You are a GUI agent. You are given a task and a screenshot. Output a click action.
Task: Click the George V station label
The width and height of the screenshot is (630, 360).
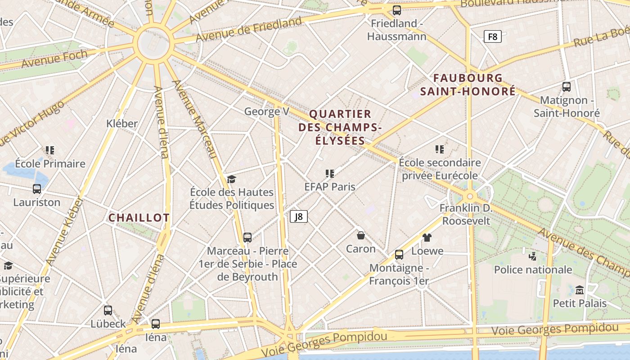266,112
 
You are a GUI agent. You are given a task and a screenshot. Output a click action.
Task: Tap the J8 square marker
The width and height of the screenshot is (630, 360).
299,216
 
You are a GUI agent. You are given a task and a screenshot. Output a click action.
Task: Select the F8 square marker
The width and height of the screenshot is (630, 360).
492,36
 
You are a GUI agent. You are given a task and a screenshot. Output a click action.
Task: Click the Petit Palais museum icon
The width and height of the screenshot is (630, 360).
579,290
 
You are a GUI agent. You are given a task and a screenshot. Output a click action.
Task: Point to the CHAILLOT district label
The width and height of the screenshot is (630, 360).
139,218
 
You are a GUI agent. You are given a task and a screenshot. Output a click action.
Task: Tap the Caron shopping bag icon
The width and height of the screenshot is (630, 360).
360,235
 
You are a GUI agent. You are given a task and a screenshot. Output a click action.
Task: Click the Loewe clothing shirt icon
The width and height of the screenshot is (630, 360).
427,238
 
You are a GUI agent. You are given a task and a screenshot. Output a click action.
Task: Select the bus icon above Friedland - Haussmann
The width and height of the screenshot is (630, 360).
396,10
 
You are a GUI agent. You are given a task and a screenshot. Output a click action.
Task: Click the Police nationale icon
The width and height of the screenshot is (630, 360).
533,256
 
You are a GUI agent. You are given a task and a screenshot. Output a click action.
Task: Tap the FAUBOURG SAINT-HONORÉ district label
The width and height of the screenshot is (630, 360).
468,85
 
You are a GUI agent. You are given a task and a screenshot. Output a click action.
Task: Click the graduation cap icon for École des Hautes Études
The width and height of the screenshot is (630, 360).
231,179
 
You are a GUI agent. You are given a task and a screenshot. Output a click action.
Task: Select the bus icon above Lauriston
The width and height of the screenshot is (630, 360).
37,189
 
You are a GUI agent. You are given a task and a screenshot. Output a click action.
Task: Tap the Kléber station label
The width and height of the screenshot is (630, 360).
122,123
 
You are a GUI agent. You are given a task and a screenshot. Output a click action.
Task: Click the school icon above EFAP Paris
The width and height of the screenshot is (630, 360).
329,174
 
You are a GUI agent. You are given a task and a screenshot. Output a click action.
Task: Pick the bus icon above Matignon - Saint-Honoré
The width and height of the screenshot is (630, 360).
566,87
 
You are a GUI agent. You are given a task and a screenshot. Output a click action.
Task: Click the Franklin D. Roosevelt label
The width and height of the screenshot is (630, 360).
466,215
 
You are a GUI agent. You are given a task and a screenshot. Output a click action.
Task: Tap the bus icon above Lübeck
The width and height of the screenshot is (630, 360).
108,310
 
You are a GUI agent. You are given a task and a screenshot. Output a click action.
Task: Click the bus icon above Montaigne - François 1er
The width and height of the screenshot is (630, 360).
399,255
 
